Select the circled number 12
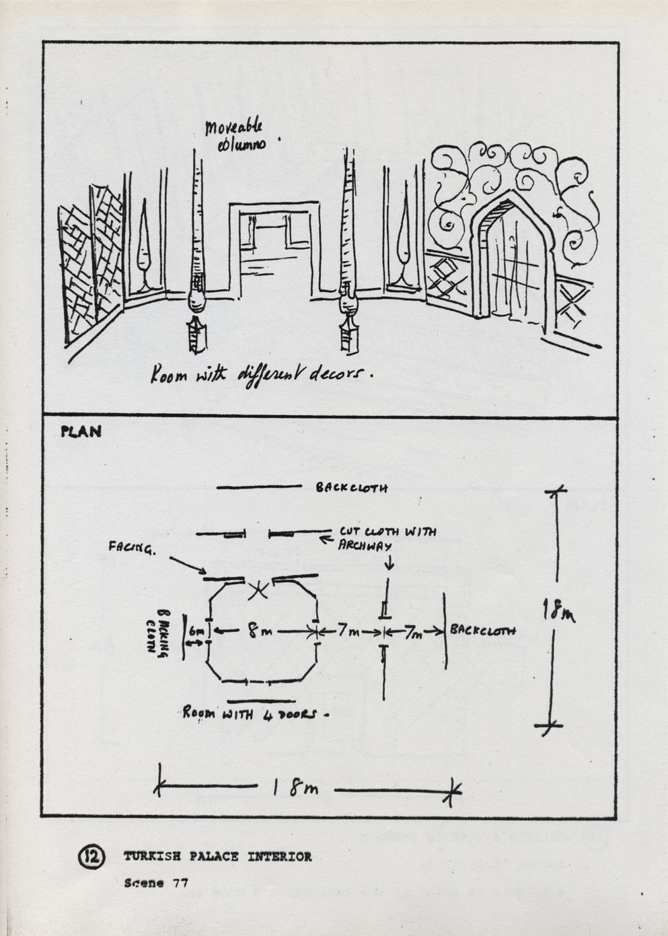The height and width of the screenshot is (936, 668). tap(91, 856)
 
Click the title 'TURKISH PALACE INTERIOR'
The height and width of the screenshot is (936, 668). tap(217, 857)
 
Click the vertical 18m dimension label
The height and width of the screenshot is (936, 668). tap(558, 614)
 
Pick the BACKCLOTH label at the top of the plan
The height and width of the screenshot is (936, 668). tap(351, 488)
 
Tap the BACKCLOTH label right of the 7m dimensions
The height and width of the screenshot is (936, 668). tap(483, 631)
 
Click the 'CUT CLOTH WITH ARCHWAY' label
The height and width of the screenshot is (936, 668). tap(387, 538)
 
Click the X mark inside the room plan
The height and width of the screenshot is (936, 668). tap(258, 591)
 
